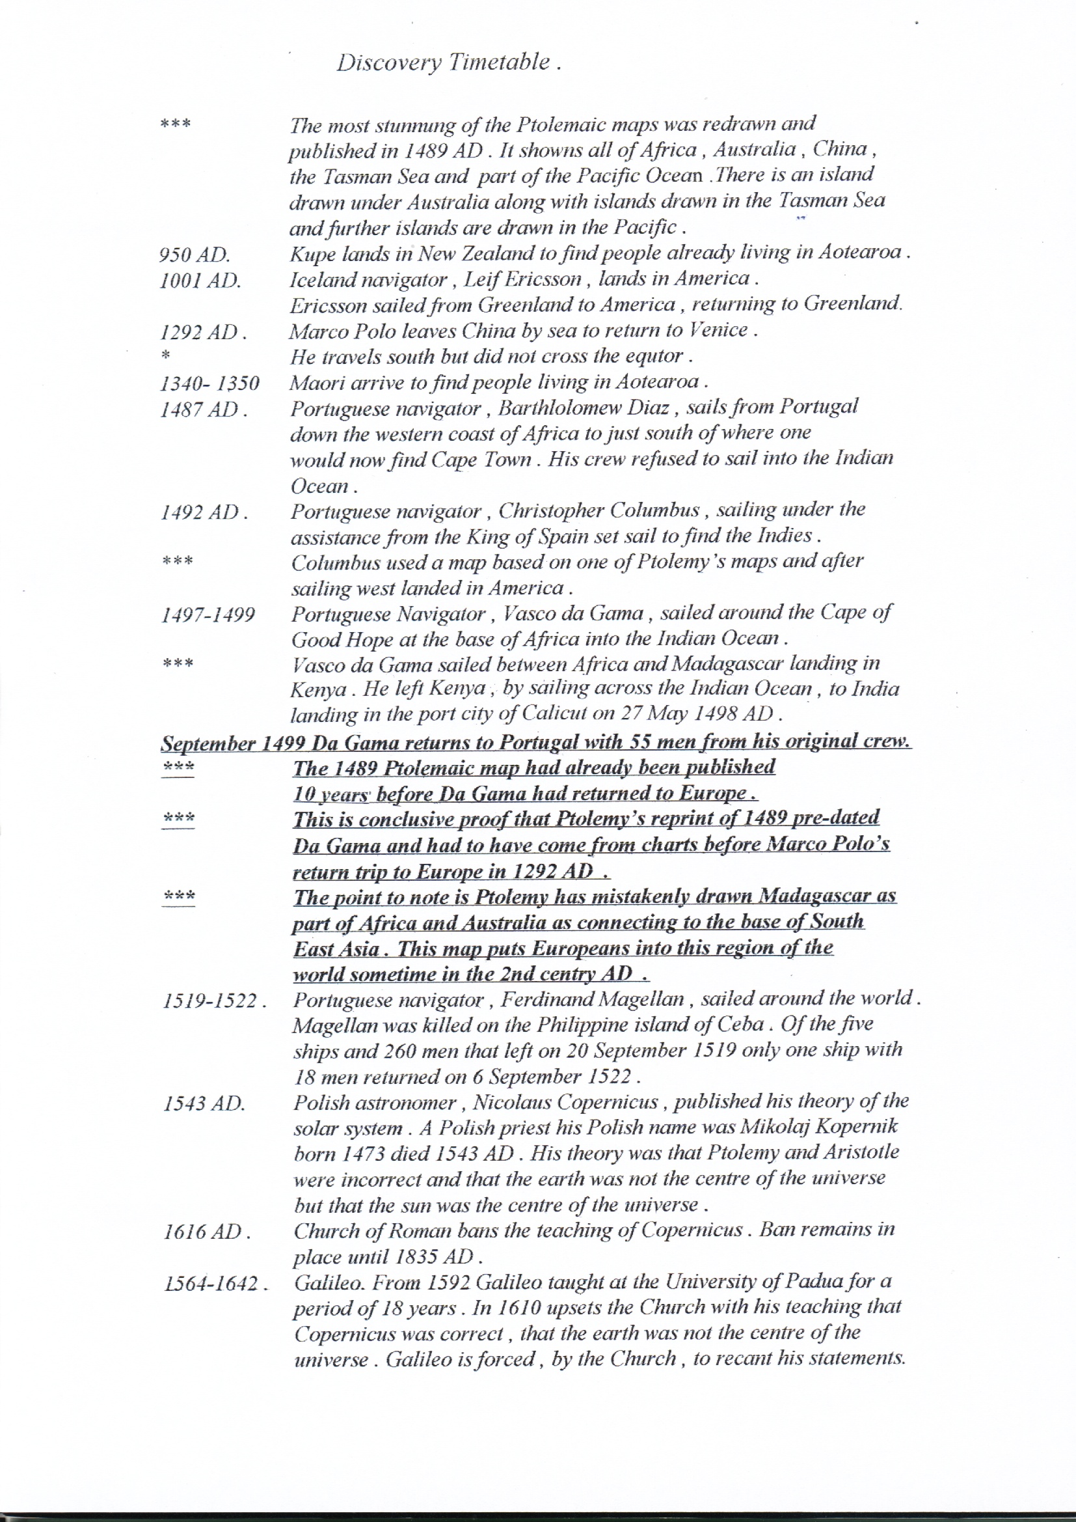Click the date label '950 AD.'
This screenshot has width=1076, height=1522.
pyautogui.click(x=194, y=255)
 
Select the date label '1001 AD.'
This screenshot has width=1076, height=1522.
pyautogui.click(x=200, y=281)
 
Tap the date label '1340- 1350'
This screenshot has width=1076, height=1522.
pyautogui.click(x=209, y=384)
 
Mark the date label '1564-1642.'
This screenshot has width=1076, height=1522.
pyautogui.click(x=216, y=1284)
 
